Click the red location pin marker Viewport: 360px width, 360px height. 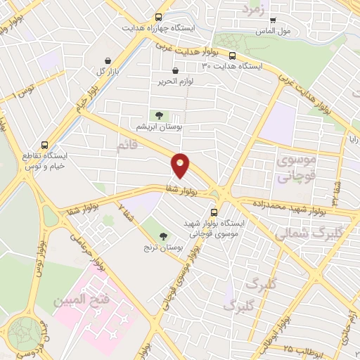[x=181, y=166]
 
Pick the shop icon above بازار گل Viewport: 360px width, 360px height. [x=108, y=61]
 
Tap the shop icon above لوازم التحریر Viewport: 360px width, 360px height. [x=175, y=70]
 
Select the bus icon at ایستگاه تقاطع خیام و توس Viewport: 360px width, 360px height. [x=46, y=141]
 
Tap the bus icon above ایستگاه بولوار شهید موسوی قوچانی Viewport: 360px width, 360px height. [x=214, y=210]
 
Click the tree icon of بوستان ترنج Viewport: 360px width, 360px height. [x=164, y=236]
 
